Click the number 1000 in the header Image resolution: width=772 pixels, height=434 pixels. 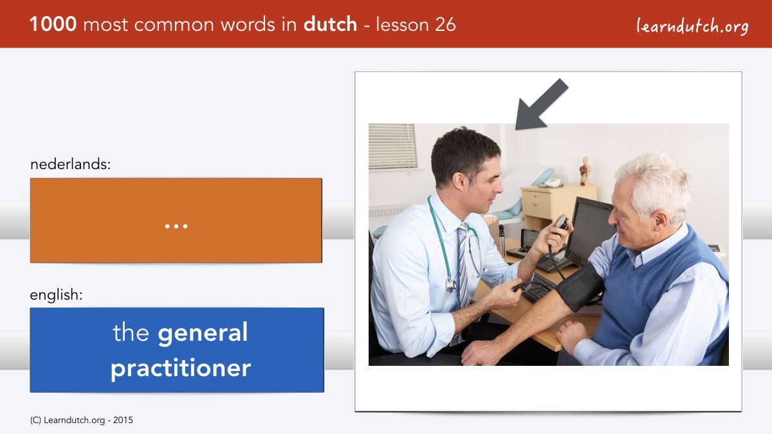pyautogui.click(x=53, y=24)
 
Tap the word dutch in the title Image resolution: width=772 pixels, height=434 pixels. pyautogui.click(x=330, y=24)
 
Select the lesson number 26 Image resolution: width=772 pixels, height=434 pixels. pyautogui.click(x=445, y=24)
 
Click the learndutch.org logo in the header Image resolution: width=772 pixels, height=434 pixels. pyautogui.click(x=692, y=26)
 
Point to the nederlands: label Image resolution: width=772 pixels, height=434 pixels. pyautogui.click(x=70, y=164)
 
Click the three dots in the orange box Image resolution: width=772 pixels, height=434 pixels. pyautogui.click(x=176, y=226)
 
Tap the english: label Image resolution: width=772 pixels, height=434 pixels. pyautogui.click(x=56, y=295)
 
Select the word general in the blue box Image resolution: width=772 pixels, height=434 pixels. pyautogui.click(x=203, y=334)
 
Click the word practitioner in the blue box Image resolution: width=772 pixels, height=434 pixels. pyautogui.click(x=181, y=368)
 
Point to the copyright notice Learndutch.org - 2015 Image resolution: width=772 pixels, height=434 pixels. pyautogui.click(x=81, y=420)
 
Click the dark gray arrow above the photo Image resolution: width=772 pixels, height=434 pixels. pyautogui.click(x=542, y=104)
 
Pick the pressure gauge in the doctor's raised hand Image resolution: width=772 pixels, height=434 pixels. pyautogui.click(x=562, y=222)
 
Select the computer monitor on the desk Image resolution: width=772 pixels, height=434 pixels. pyautogui.click(x=591, y=231)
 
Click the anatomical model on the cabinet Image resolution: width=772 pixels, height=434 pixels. pyautogui.click(x=585, y=171)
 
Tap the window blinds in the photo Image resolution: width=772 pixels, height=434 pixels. pyautogui.click(x=392, y=147)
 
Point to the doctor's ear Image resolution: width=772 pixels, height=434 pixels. pyautogui.click(x=459, y=181)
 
